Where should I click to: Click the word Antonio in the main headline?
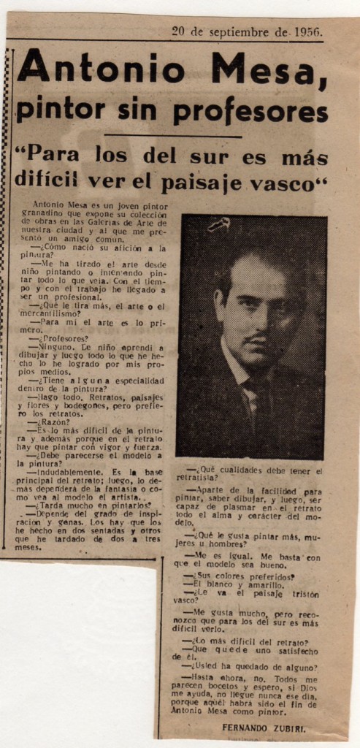[102, 69]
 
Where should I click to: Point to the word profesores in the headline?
[250, 111]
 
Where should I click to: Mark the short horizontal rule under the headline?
[172, 136]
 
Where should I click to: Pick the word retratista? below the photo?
[202, 478]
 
